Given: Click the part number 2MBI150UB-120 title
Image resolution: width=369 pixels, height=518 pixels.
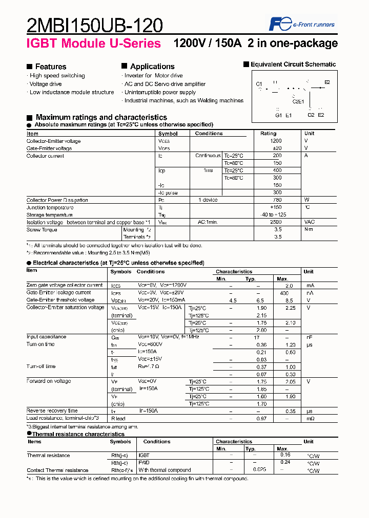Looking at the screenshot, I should click(x=94, y=25).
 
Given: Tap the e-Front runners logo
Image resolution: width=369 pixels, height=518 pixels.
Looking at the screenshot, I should click(x=302, y=24).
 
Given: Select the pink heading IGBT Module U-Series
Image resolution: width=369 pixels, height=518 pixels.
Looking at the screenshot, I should click(x=93, y=44).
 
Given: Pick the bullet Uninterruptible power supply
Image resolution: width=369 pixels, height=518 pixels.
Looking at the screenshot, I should click(x=160, y=92).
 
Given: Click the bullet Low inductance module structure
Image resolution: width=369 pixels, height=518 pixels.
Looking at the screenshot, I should click(x=72, y=92).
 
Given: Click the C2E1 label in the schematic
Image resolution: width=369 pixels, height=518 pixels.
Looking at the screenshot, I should click(x=298, y=101).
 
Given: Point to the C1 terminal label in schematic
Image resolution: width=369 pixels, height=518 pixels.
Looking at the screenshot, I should click(x=259, y=84).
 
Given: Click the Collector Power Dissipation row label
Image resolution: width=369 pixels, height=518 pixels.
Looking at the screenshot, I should click(x=57, y=200).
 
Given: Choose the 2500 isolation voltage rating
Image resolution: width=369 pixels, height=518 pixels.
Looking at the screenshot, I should click(x=276, y=222).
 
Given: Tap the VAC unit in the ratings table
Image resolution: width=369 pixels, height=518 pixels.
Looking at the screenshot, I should click(x=310, y=222).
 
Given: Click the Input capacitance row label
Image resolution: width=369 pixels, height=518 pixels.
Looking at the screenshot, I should click(x=47, y=337).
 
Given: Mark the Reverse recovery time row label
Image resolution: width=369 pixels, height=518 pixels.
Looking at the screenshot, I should click(x=52, y=411).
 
